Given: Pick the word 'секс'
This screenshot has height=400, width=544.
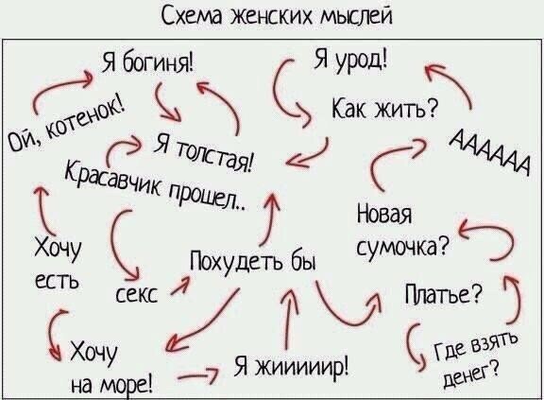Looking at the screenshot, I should click(139, 294).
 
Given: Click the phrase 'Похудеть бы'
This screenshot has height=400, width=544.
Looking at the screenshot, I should click(250, 261).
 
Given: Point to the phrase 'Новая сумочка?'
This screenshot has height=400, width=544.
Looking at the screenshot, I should click(397, 232).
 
